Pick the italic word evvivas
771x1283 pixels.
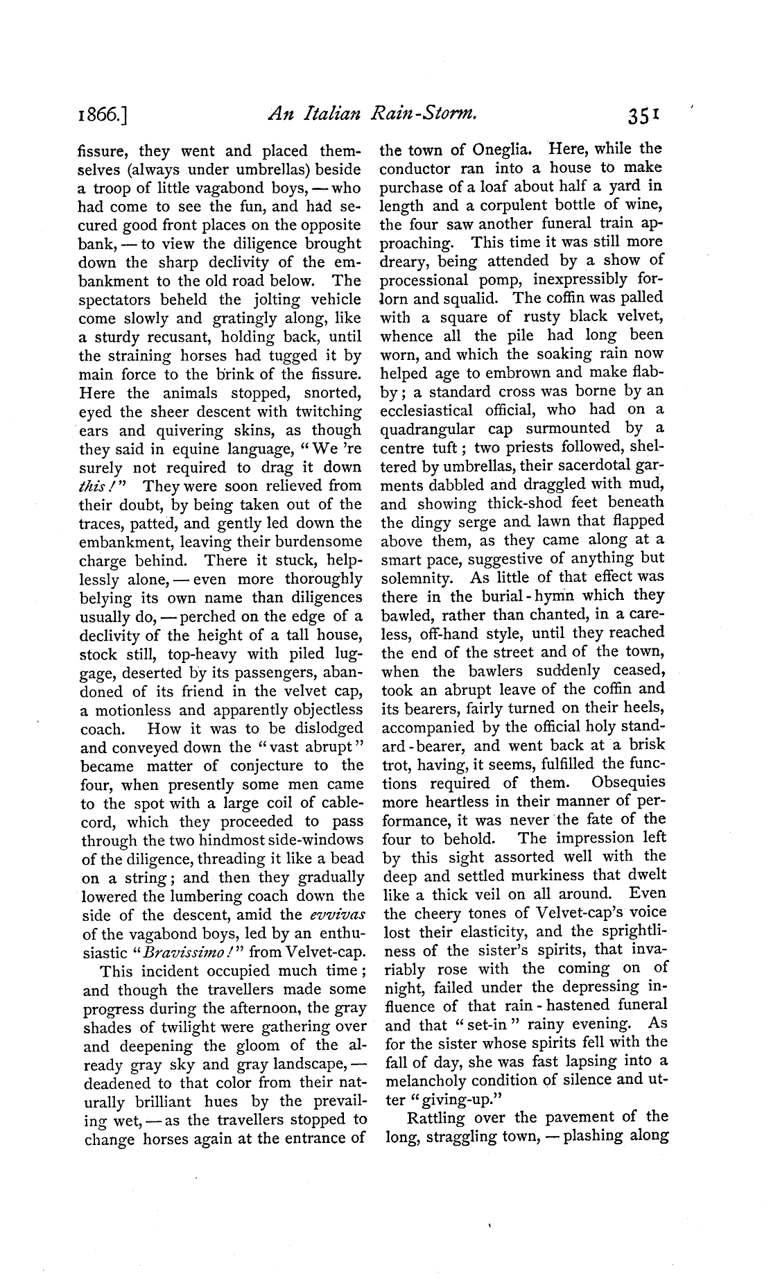[336, 915]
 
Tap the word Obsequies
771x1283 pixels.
[628, 782]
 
